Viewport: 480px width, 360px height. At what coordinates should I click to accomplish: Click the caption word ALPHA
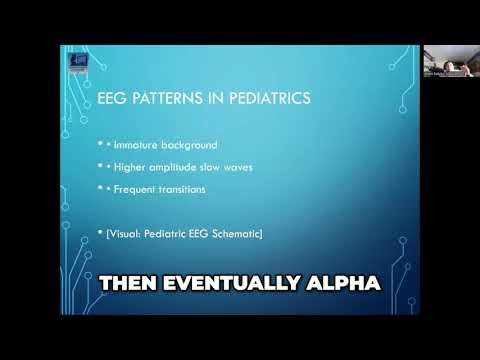pyautogui.click(x=348, y=284)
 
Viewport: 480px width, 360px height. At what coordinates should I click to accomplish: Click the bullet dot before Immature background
pyautogui.click(x=101, y=147)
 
